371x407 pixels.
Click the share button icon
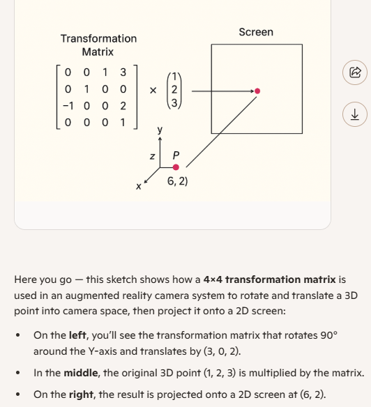click(355, 72)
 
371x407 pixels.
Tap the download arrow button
click(355, 114)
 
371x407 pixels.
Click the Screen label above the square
click(256, 32)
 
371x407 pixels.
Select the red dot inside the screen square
click(257, 91)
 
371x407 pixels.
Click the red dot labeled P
click(176, 167)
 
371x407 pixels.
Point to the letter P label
click(176, 155)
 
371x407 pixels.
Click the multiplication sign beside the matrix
click(153, 91)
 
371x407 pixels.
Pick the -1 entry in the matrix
click(68, 106)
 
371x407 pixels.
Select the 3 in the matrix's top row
click(123, 72)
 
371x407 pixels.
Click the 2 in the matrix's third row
click(123, 106)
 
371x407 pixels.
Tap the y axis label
click(160, 130)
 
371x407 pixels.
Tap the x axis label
click(139, 186)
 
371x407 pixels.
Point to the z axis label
click(153, 156)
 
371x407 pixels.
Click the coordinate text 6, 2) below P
click(177, 181)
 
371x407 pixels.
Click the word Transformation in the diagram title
click(99, 38)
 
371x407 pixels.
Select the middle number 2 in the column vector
click(174, 89)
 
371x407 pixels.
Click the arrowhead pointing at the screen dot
click(252, 91)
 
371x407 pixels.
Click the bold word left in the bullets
click(77, 335)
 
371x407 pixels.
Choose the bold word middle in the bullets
click(81, 373)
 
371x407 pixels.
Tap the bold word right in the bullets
click(81, 394)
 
